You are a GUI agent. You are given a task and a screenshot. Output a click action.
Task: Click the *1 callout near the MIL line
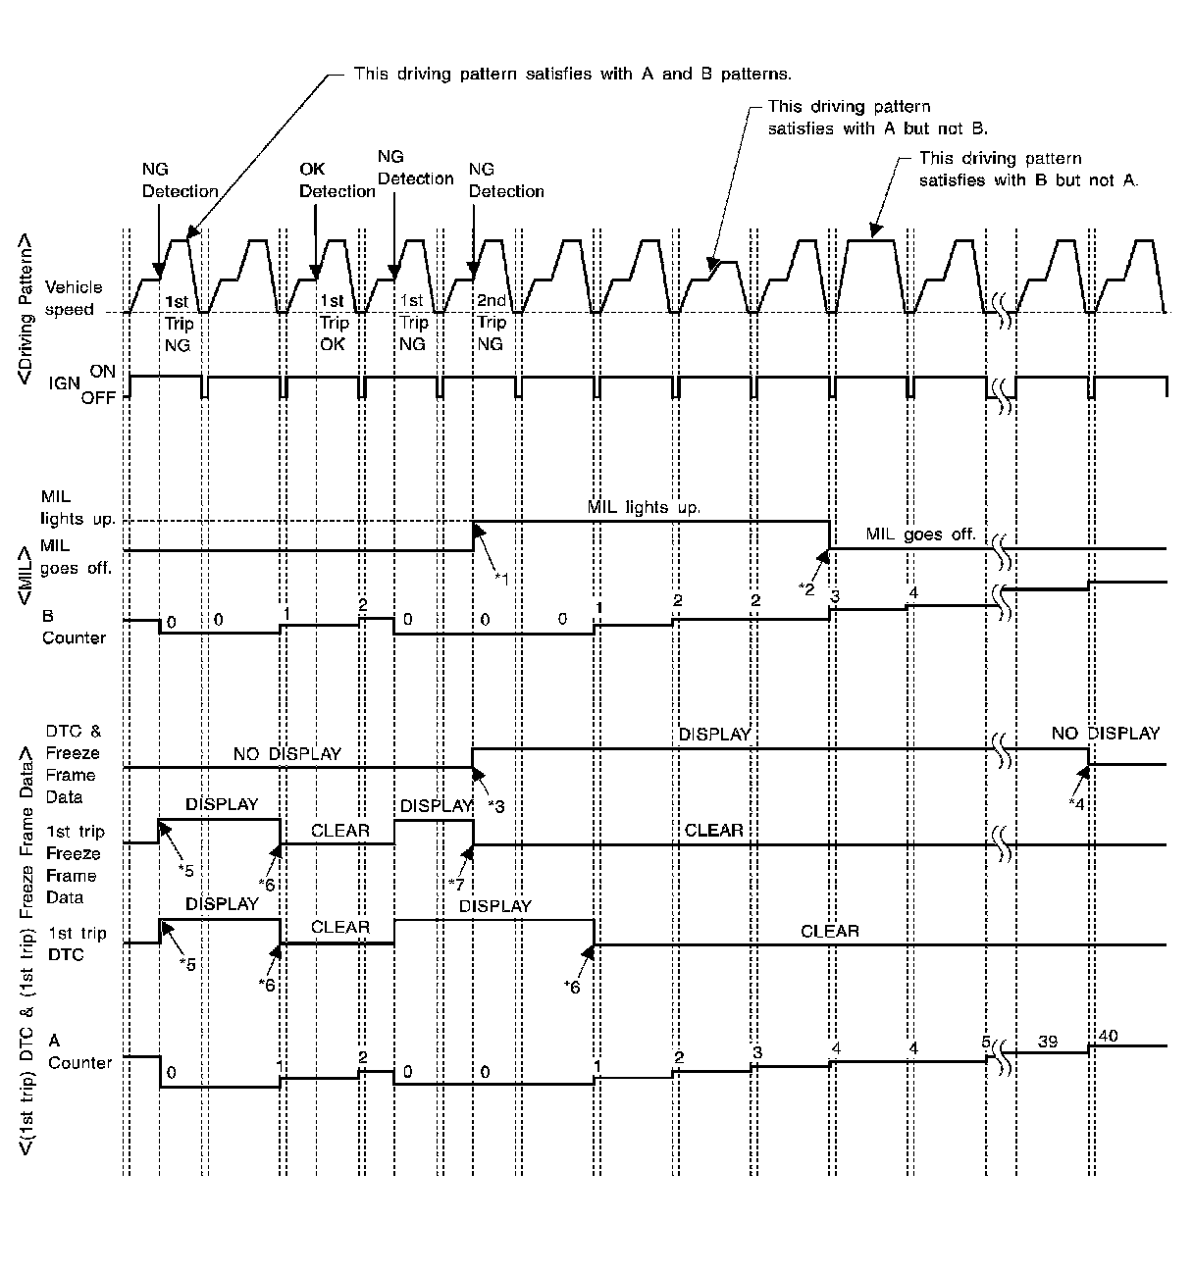click(501, 577)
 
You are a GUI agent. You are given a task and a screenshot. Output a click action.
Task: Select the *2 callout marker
click(806, 587)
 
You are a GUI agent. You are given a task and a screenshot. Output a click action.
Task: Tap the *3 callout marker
click(496, 805)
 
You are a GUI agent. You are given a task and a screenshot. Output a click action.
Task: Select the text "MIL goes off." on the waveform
click(920, 535)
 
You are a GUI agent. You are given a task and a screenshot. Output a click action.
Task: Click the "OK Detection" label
click(337, 180)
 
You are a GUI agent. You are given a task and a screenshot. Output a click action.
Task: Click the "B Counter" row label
click(73, 628)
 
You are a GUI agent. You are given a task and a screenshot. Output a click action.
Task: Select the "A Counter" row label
click(78, 1051)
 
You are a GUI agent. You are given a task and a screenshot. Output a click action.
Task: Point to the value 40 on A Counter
click(1108, 1036)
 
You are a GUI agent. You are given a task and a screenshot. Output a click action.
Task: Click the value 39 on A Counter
click(1047, 1042)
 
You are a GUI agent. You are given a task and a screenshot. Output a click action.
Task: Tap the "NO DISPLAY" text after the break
click(1105, 734)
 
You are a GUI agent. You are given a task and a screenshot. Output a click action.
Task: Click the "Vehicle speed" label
click(74, 298)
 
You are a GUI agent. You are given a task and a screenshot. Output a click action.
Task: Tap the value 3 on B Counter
click(834, 595)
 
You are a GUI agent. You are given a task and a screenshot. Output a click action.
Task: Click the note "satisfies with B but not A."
click(1027, 180)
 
